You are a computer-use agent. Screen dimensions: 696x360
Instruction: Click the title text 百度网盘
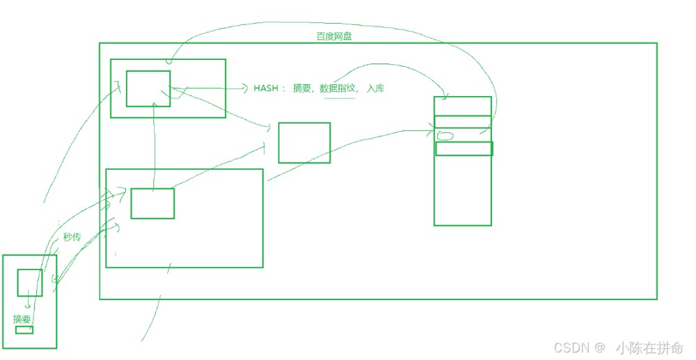tap(334, 36)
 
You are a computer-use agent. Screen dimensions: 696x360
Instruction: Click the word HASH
tap(266, 88)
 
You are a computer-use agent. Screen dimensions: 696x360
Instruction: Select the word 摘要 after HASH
tap(302, 88)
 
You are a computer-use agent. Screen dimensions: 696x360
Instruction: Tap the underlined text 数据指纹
tap(338, 88)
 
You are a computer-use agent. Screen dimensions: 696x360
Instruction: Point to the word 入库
tap(376, 88)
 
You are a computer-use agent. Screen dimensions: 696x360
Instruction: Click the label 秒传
tap(72, 237)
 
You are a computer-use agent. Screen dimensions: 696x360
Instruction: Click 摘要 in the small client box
tap(22, 319)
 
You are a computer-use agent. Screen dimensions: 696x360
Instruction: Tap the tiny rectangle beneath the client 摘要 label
tap(24, 330)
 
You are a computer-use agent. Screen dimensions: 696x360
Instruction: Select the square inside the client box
tap(30, 282)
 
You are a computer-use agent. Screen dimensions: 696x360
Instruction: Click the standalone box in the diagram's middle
tap(305, 143)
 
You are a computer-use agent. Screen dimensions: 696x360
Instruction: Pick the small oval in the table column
tap(445, 135)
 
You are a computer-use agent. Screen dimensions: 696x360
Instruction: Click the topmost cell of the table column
tap(463, 106)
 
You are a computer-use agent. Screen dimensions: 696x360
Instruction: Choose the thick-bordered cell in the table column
tap(464, 149)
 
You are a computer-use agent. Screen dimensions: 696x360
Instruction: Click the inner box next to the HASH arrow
tap(148, 88)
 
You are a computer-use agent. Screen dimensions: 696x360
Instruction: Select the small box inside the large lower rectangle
tap(152, 203)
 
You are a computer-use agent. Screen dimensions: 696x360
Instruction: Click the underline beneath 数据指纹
tap(340, 98)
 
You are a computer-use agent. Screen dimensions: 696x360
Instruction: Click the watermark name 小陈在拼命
tap(649, 347)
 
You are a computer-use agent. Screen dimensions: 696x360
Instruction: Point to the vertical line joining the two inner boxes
tap(154, 146)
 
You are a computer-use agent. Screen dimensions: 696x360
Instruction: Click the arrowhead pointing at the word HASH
tap(245, 88)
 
